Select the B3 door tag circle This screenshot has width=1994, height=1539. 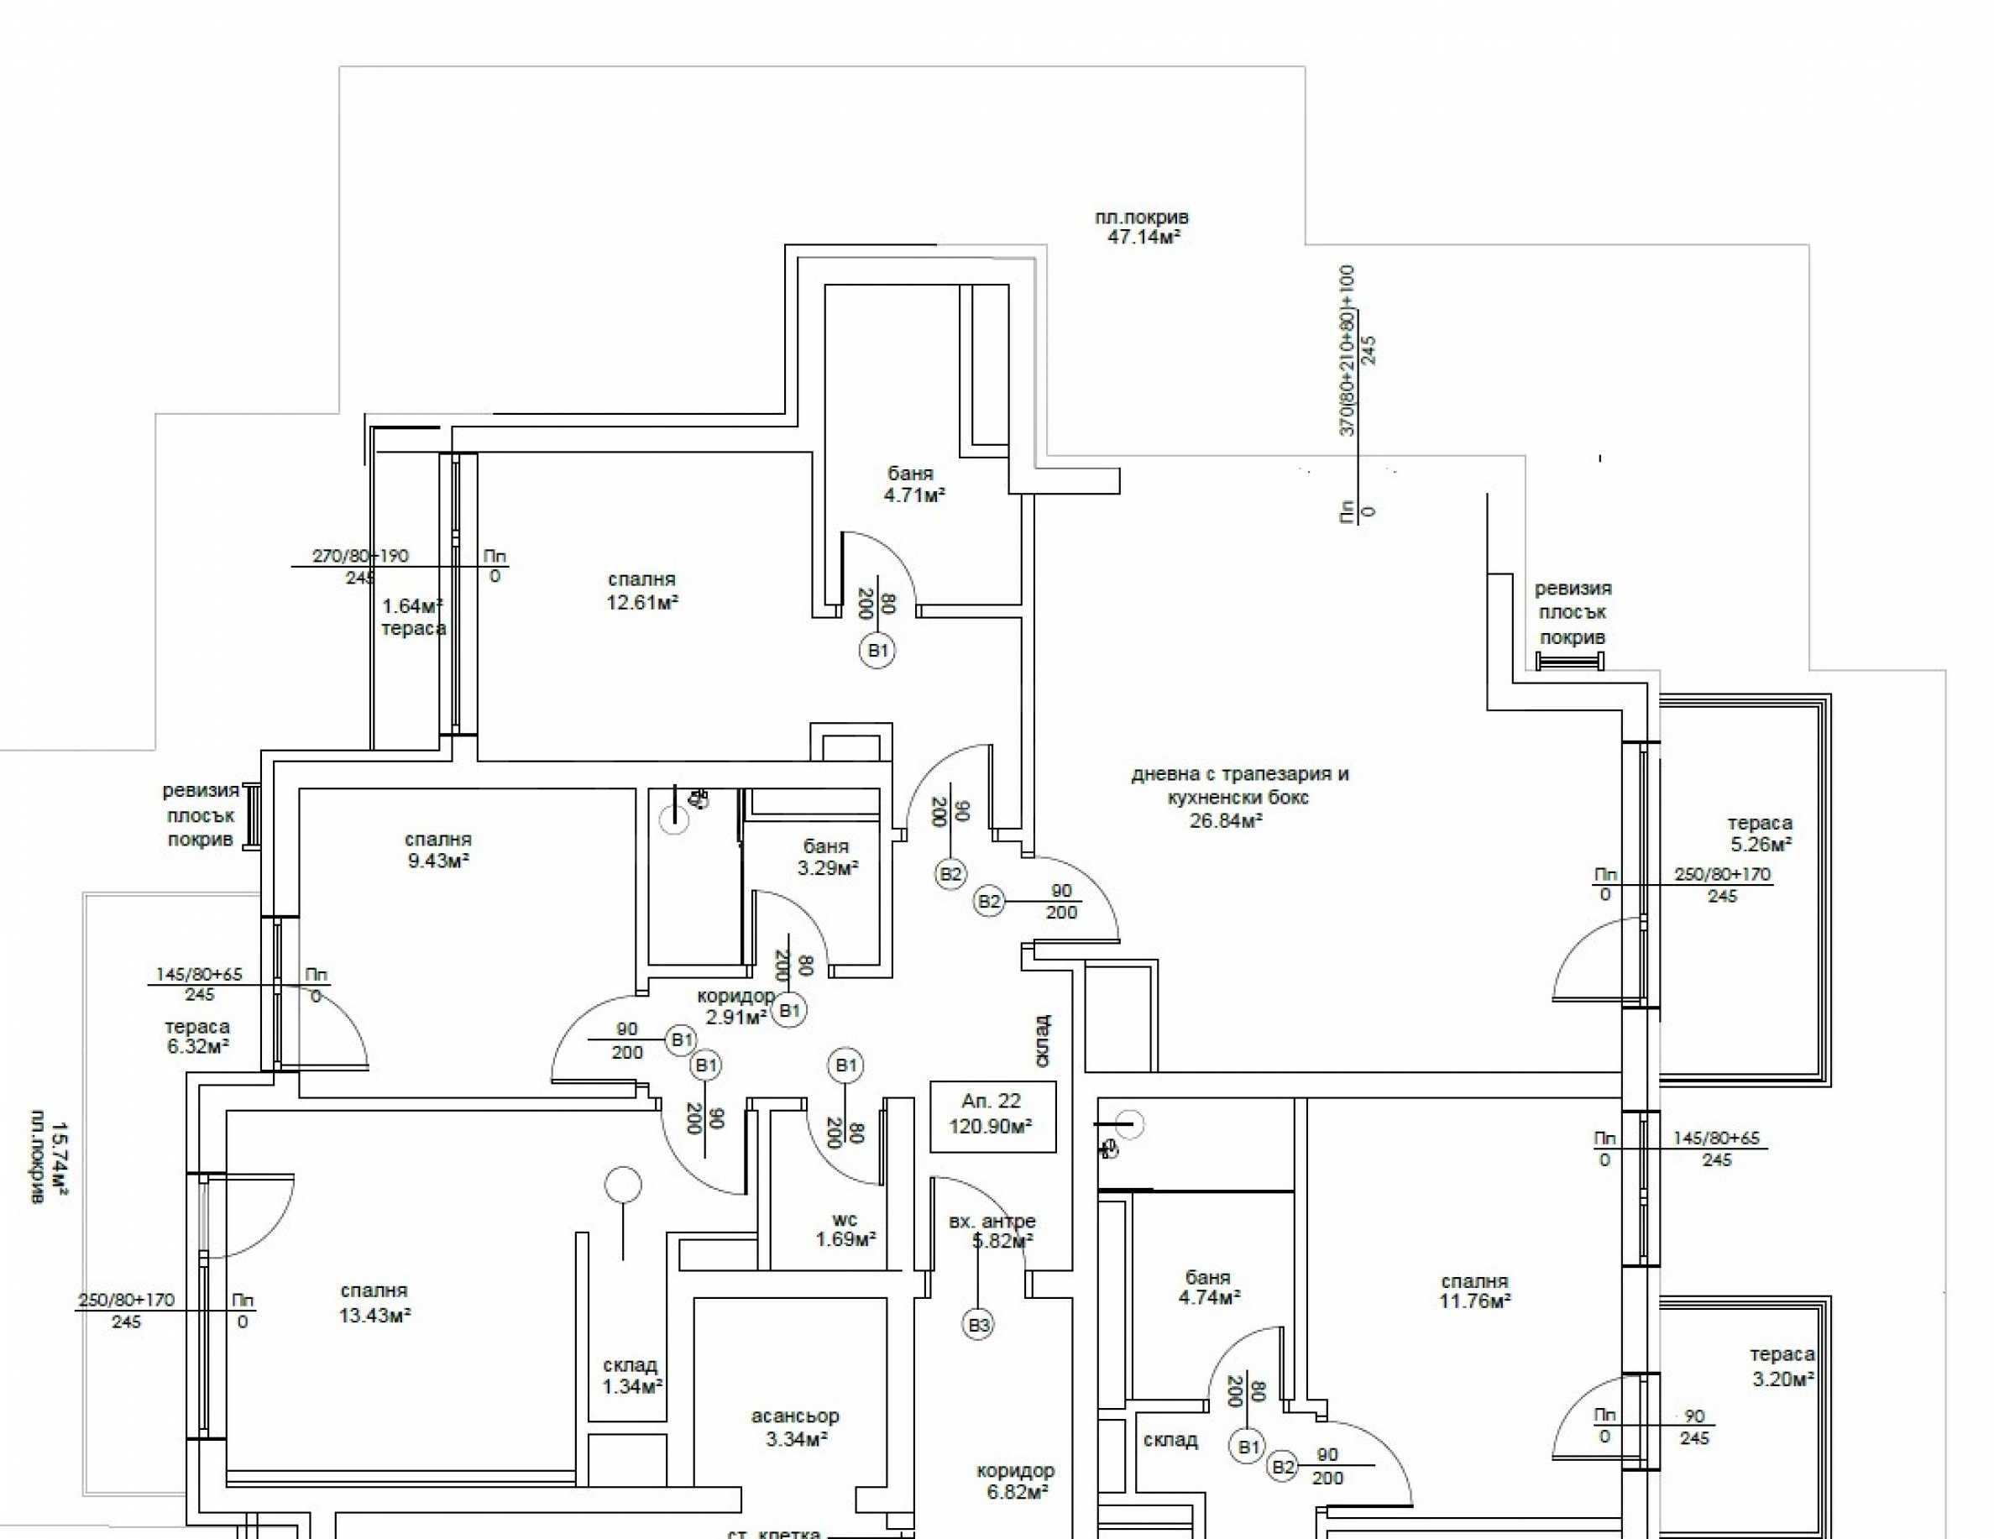click(x=978, y=1325)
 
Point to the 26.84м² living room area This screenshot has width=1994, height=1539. click(x=1225, y=820)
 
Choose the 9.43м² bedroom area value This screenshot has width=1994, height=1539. click(x=438, y=861)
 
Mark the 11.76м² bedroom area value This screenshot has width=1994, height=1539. click(x=1474, y=1301)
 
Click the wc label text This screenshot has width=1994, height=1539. click(x=845, y=1219)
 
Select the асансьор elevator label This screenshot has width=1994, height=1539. click(x=794, y=1416)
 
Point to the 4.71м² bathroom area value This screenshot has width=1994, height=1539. click(x=913, y=495)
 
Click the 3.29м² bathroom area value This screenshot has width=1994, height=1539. click(x=827, y=868)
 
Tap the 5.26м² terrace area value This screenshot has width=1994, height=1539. click(x=1761, y=845)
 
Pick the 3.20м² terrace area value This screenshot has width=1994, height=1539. click(x=1782, y=1379)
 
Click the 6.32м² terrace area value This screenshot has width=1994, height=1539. click(x=197, y=1046)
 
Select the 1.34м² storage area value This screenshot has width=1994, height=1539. click(x=632, y=1386)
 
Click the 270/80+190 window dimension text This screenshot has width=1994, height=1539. click(x=361, y=556)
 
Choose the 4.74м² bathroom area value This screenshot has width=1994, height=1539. click(x=1209, y=1297)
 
